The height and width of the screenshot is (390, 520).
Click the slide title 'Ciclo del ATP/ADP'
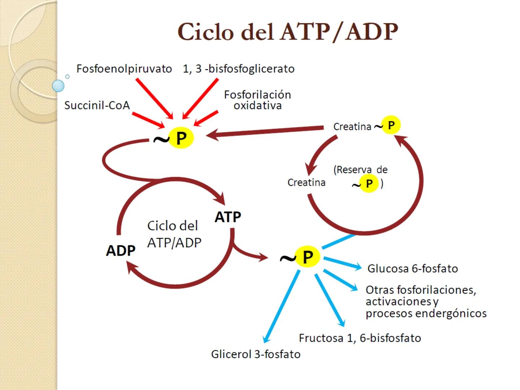click(287, 32)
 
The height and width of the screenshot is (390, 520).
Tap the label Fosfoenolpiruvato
click(124, 69)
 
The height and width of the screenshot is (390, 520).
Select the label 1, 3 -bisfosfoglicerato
click(239, 69)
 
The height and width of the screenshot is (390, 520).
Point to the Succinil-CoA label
click(97, 105)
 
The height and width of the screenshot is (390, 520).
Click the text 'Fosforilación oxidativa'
click(257, 100)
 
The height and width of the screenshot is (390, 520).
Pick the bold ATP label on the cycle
click(228, 217)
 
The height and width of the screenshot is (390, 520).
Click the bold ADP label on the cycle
click(121, 250)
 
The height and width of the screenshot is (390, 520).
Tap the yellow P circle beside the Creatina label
click(391, 125)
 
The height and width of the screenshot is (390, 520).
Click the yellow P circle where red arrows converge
click(181, 138)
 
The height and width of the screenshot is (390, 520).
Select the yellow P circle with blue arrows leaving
click(307, 257)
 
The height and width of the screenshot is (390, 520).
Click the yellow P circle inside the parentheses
click(369, 183)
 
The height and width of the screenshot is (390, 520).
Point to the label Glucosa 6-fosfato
click(412, 269)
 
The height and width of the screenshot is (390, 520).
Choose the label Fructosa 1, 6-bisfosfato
click(360, 338)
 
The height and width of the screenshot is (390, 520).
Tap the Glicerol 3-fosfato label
click(256, 354)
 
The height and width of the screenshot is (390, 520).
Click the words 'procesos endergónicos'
click(426, 313)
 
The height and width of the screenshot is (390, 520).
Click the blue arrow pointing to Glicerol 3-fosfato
click(282, 307)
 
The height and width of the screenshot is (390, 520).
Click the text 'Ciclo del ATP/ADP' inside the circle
click(174, 234)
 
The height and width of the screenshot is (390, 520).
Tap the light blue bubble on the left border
click(58, 86)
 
